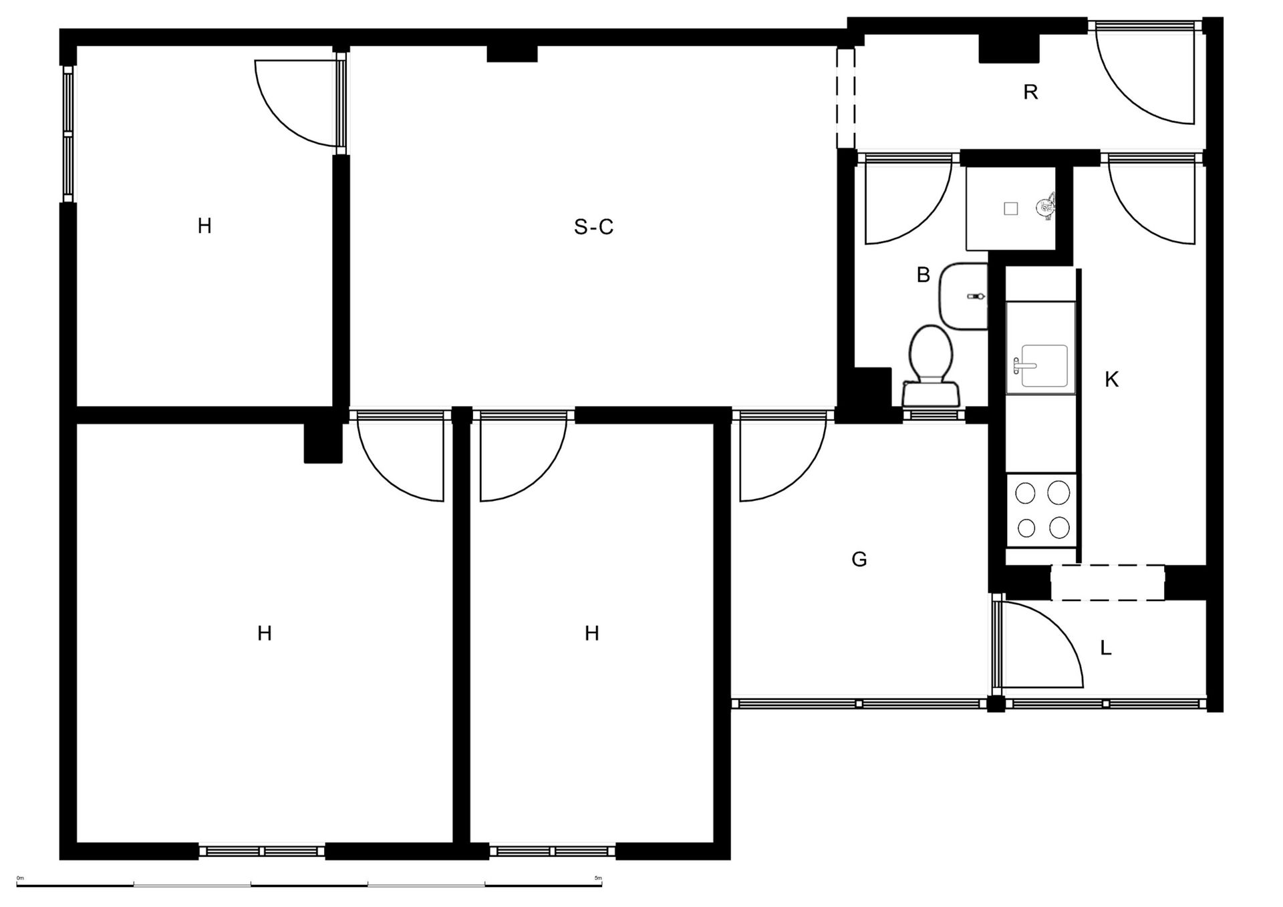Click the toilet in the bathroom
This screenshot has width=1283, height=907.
[931, 366]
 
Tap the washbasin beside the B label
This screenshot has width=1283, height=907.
[964, 295]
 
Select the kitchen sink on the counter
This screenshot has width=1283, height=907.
[1040, 365]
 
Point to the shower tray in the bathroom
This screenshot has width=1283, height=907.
[1010, 208]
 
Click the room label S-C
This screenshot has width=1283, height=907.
[593, 227]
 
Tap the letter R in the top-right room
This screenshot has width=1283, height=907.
[1030, 92]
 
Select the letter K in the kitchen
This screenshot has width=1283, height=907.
[1111, 379]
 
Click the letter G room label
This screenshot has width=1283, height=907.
[859, 559]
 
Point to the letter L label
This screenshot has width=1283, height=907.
[1106, 648]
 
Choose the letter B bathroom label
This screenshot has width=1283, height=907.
[923, 275]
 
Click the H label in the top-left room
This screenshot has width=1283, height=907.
[204, 226]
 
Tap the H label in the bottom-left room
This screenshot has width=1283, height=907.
[265, 633]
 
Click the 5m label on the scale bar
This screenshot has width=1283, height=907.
[597, 878]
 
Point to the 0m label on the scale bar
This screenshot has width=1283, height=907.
[20, 878]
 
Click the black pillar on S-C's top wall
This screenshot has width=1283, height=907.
[512, 53]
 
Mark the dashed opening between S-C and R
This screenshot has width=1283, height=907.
[845, 98]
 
